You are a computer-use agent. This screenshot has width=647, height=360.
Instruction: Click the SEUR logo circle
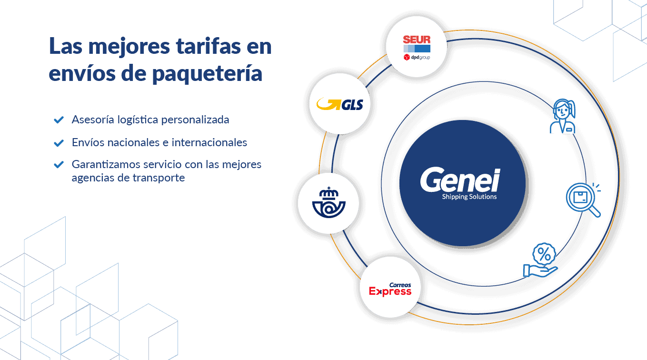pyautogui.click(x=417, y=48)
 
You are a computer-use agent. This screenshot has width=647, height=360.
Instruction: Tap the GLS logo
pyautogui.click(x=340, y=104)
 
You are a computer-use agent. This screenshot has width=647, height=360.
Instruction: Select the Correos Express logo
pyautogui.click(x=390, y=289)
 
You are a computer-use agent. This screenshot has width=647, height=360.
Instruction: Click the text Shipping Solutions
pyautogui.click(x=469, y=197)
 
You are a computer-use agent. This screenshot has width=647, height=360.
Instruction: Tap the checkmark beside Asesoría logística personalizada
pyautogui.click(x=59, y=120)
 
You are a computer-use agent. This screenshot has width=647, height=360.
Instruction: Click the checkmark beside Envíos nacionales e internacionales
pyautogui.click(x=59, y=142)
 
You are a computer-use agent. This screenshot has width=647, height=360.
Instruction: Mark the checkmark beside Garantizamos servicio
pyautogui.click(x=59, y=165)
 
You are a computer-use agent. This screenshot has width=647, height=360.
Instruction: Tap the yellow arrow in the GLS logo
pyautogui.click(x=328, y=103)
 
